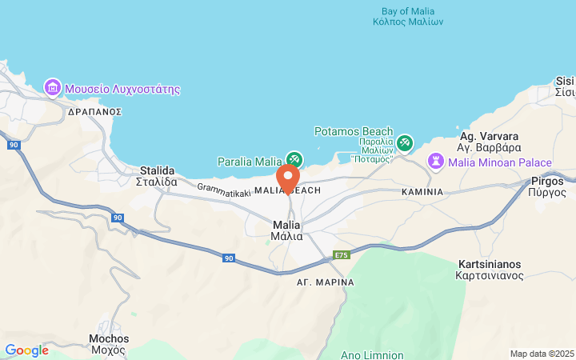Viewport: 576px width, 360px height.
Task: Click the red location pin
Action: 288,177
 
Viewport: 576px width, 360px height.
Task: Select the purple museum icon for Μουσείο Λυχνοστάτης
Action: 53,87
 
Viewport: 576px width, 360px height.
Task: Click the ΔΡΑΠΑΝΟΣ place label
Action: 94,112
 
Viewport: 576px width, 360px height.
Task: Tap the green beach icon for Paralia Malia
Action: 294,160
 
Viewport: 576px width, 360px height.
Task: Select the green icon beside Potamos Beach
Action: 405,142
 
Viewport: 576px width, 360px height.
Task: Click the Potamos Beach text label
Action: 354,131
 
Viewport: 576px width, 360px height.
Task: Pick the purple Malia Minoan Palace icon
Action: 436,162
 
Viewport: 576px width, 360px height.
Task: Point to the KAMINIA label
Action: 422,192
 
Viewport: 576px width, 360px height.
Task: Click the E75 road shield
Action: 342,254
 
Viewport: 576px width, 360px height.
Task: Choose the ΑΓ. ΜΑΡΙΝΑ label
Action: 325,282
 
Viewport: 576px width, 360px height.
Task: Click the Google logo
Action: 26,350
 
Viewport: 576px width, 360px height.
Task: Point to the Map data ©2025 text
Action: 542,354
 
